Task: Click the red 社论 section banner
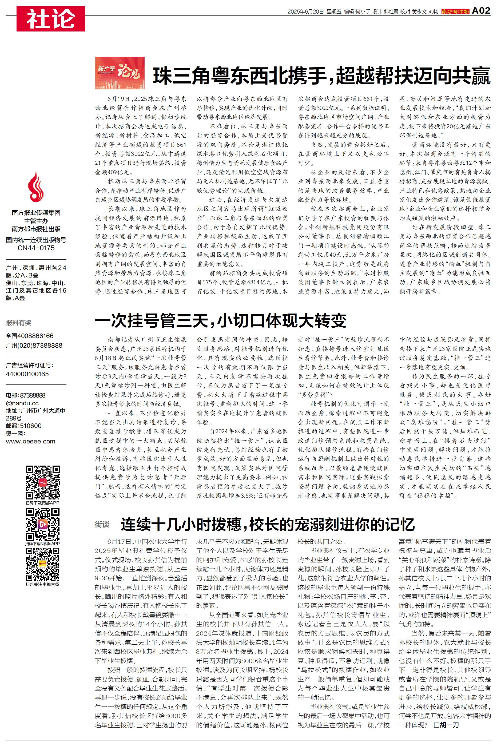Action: click(51, 19)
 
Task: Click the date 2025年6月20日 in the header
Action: click(305, 12)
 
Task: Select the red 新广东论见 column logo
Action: click(120, 73)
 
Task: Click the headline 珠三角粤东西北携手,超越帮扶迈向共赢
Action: click(321, 76)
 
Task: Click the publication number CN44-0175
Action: click(36, 248)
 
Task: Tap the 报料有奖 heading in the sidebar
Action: click(19, 323)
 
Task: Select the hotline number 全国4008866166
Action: click(30, 336)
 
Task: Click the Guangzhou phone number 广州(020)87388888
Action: click(34, 346)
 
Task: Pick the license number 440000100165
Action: click(27, 374)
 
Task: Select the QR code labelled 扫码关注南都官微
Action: click(43, 564)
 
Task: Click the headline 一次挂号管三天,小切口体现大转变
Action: click(221, 321)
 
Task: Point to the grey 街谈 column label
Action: click(102, 525)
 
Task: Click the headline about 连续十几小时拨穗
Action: click(268, 525)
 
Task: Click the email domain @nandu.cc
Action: click(22, 403)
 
